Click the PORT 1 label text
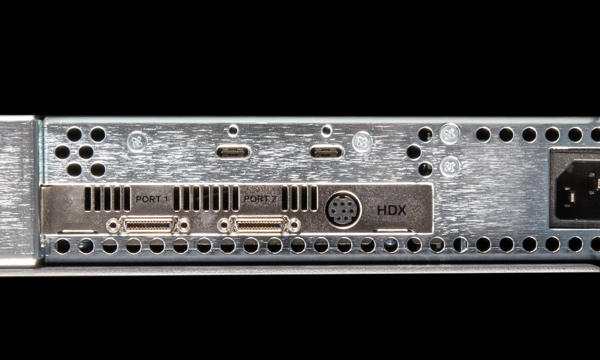coord(152,199)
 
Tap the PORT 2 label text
coord(260,199)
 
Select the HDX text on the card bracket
coord(391,211)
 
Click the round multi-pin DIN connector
coord(343,209)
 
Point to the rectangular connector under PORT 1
coord(148,225)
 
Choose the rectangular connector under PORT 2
coord(259,225)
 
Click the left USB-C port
coord(233,152)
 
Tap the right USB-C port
coord(326,152)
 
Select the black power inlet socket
coord(575,189)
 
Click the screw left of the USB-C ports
coord(137,142)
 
